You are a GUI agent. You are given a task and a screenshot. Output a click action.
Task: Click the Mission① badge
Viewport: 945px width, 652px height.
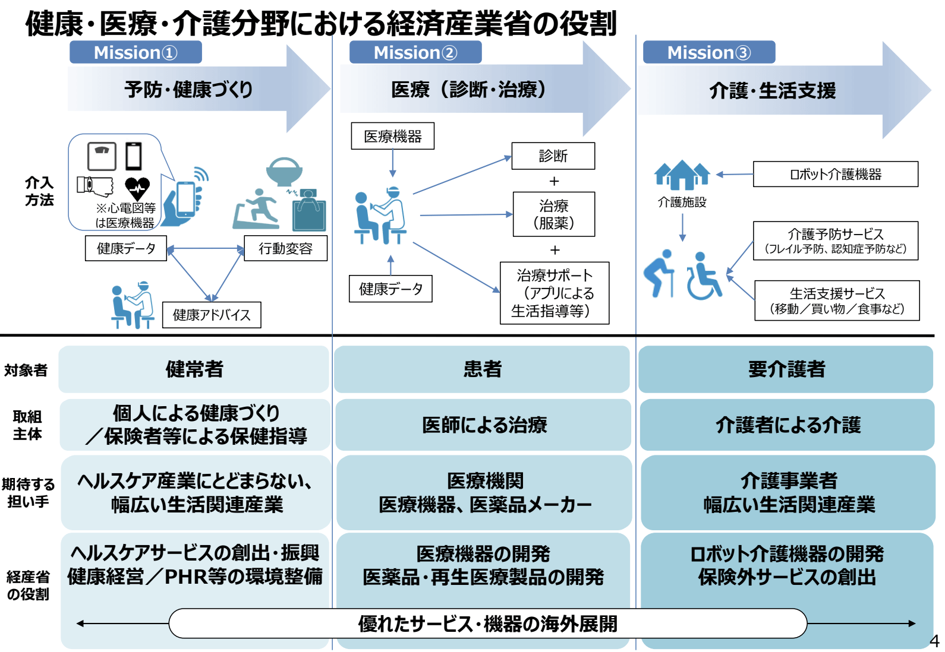(136, 52)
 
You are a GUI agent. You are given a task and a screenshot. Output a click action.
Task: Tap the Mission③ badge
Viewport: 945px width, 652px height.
(708, 52)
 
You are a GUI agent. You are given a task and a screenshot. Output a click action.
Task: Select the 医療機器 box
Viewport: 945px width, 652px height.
(392, 136)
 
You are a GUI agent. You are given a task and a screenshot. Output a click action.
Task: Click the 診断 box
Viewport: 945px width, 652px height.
(553, 156)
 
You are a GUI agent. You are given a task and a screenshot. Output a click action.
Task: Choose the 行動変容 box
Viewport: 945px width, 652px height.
(285, 248)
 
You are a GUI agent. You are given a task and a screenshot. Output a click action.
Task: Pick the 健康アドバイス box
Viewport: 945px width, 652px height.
(212, 315)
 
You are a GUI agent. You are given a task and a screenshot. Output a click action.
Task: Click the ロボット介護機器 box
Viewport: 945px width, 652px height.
(835, 174)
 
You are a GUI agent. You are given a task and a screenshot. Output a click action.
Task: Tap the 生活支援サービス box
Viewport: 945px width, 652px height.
(837, 300)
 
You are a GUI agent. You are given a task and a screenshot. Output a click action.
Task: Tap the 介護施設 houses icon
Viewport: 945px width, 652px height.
(682, 175)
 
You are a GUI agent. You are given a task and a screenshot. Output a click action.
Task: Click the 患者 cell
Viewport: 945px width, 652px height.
(482, 369)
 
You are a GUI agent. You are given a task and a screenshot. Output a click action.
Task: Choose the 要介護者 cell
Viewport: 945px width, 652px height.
(786, 369)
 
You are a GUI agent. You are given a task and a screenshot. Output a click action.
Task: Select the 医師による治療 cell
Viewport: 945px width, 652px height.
(483, 425)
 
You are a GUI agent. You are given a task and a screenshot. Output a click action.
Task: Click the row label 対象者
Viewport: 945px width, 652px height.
(26, 370)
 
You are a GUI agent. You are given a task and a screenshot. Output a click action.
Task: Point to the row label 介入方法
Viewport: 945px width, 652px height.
(39, 191)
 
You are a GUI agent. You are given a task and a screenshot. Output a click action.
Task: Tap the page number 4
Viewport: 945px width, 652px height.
(934, 641)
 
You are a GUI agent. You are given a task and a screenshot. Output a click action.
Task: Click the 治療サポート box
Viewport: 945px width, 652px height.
(554, 293)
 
